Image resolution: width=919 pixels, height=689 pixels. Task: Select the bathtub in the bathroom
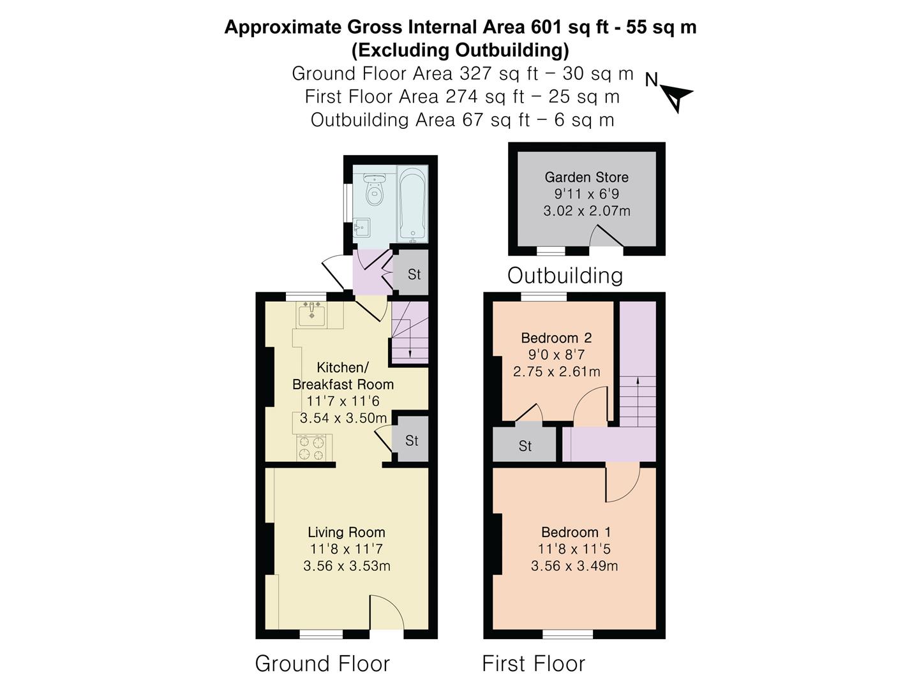click(413, 204)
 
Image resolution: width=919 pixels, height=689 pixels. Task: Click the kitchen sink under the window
click(311, 315)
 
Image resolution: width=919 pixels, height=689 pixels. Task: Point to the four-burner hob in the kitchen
click(311, 448)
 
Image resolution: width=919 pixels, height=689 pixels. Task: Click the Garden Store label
click(586, 177)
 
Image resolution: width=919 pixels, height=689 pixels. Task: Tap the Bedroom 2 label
click(557, 337)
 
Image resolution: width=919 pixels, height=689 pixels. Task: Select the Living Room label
click(347, 532)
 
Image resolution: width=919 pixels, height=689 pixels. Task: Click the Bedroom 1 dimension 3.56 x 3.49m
click(574, 566)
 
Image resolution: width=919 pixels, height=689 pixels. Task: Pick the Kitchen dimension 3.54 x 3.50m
click(343, 418)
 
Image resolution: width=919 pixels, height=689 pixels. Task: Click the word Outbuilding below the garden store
click(565, 276)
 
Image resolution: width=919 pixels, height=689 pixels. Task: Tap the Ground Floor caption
click(322, 663)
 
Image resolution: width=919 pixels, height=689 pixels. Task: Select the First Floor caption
click(534, 663)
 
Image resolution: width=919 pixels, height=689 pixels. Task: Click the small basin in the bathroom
click(361, 228)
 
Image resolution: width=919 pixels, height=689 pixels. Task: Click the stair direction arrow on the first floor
click(638, 401)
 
